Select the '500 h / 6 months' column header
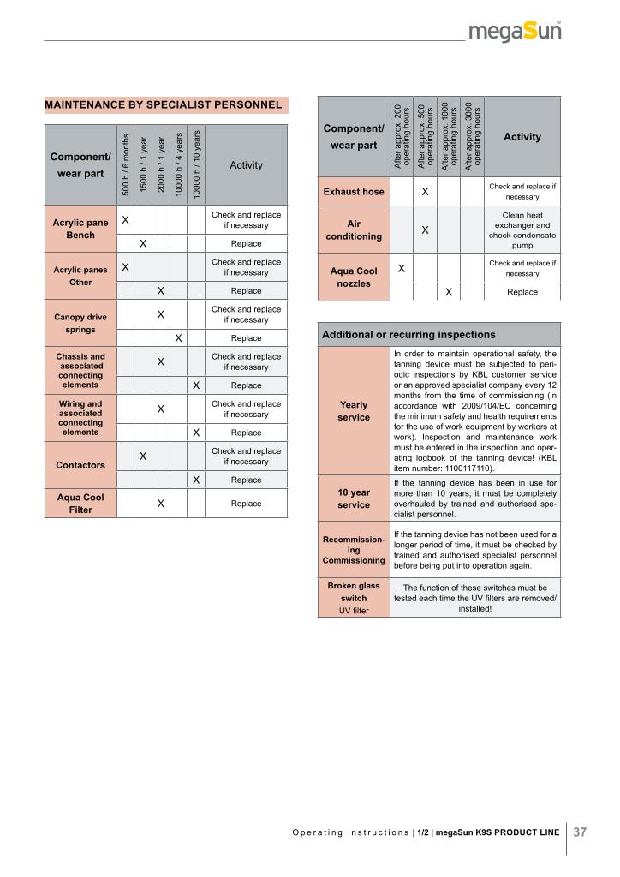(125, 164)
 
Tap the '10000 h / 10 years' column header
(196, 164)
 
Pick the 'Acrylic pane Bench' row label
(80, 229)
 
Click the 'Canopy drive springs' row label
(80, 323)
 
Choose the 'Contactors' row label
(80, 465)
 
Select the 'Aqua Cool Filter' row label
(80, 504)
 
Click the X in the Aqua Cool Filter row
(160, 504)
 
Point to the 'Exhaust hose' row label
(354, 192)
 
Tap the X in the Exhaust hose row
(425, 192)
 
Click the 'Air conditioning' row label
(354, 230)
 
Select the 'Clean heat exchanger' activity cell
(522, 230)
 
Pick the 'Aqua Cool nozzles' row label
(354, 277)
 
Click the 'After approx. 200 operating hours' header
(402, 136)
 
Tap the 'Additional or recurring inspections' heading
(408, 334)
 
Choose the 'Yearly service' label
(354, 411)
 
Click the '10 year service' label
(354, 498)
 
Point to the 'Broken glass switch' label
(354, 598)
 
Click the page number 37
(580, 832)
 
